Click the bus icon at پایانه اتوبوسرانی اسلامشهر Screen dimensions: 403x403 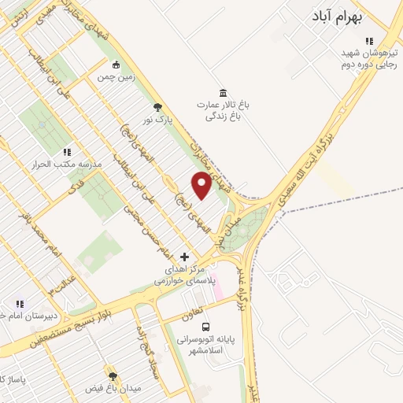[x=205, y=327]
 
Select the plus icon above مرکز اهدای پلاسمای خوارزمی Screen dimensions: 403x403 [x=185, y=257]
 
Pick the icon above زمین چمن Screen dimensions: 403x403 [x=117, y=65]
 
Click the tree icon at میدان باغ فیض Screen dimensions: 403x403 [x=113, y=375]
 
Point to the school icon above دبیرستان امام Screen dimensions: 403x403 [x=20, y=304]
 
